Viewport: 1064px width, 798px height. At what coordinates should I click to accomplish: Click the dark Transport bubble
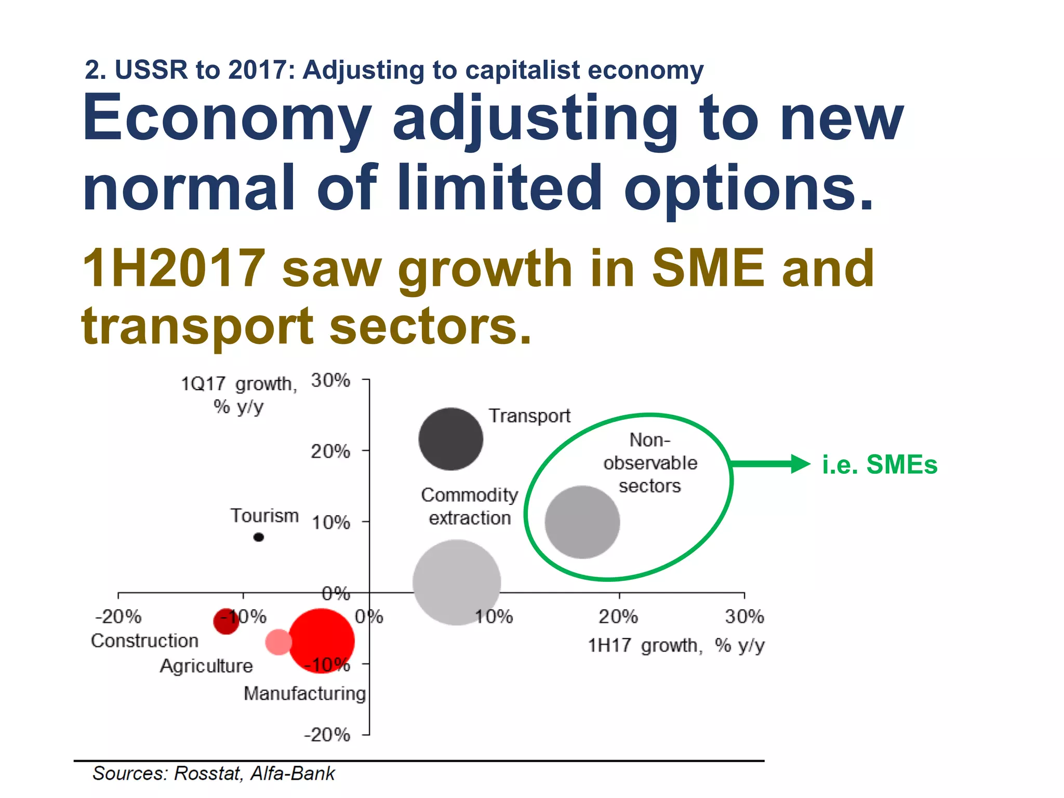(450, 439)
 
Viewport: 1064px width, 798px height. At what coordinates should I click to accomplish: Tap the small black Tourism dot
(258, 537)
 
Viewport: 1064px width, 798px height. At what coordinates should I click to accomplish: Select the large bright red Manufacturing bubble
(322, 641)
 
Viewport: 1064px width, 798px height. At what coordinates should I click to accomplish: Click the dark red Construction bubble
(226, 621)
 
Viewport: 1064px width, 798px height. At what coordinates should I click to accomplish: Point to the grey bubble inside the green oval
(582, 522)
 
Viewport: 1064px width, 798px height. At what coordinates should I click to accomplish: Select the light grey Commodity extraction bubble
(456, 582)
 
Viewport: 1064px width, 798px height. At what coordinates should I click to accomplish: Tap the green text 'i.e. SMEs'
(879, 464)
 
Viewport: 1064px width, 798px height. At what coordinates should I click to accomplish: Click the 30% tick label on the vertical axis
(330, 380)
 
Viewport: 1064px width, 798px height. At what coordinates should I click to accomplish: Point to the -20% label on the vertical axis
(327, 735)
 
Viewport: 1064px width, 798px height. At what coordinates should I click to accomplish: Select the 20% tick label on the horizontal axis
(618, 617)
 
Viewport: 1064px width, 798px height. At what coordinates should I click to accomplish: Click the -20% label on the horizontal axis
(118, 617)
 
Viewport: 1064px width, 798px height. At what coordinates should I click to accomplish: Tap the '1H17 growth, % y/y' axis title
(676, 645)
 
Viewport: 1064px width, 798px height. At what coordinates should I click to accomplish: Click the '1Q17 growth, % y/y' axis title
(239, 395)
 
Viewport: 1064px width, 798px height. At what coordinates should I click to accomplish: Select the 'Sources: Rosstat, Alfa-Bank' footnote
(214, 773)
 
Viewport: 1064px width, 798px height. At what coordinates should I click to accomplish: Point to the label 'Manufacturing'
(305, 693)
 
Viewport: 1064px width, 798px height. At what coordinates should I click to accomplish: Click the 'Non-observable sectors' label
(650, 462)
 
